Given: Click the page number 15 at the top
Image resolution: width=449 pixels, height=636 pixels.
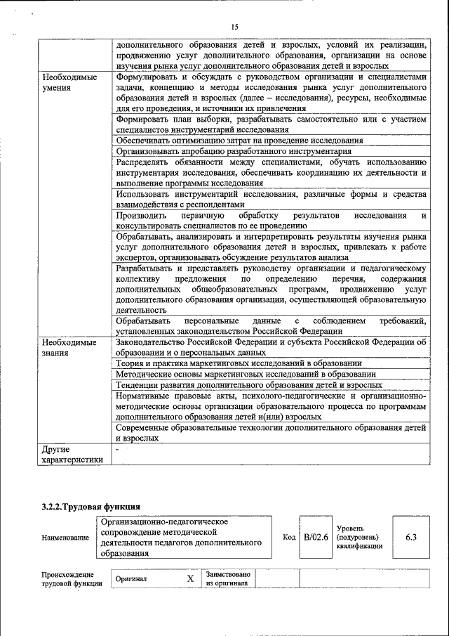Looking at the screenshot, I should tap(234, 27).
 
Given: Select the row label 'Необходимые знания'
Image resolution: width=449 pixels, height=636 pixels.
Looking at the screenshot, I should tap(69, 348).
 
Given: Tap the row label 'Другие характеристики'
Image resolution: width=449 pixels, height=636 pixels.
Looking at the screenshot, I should tap(72, 454).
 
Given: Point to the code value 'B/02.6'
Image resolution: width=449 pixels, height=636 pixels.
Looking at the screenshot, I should tap(316, 537).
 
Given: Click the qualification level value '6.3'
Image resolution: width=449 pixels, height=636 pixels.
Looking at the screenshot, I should tap(411, 537).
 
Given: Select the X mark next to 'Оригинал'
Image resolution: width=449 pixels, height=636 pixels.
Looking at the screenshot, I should tap(189, 579).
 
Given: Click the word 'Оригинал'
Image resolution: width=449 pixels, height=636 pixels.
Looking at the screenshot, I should tap(131, 579).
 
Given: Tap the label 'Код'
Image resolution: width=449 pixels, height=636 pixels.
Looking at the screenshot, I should tap(288, 537).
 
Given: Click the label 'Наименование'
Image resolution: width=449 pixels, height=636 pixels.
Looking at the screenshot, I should tap(65, 538).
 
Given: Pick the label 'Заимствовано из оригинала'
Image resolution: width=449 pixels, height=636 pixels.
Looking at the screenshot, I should tap(228, 578).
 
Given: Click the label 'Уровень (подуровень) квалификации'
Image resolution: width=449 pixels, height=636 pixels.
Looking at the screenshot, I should tap(359, 536).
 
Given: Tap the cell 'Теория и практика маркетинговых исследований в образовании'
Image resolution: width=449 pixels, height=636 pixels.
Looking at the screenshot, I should tap(239, 363).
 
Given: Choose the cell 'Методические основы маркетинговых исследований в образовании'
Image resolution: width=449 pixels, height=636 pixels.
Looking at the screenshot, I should tap(246, 375).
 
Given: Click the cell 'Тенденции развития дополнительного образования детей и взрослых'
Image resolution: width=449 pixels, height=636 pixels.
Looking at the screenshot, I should tap(248, 386).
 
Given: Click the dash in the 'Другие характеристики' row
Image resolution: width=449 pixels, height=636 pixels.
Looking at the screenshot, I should tap(118, 448).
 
